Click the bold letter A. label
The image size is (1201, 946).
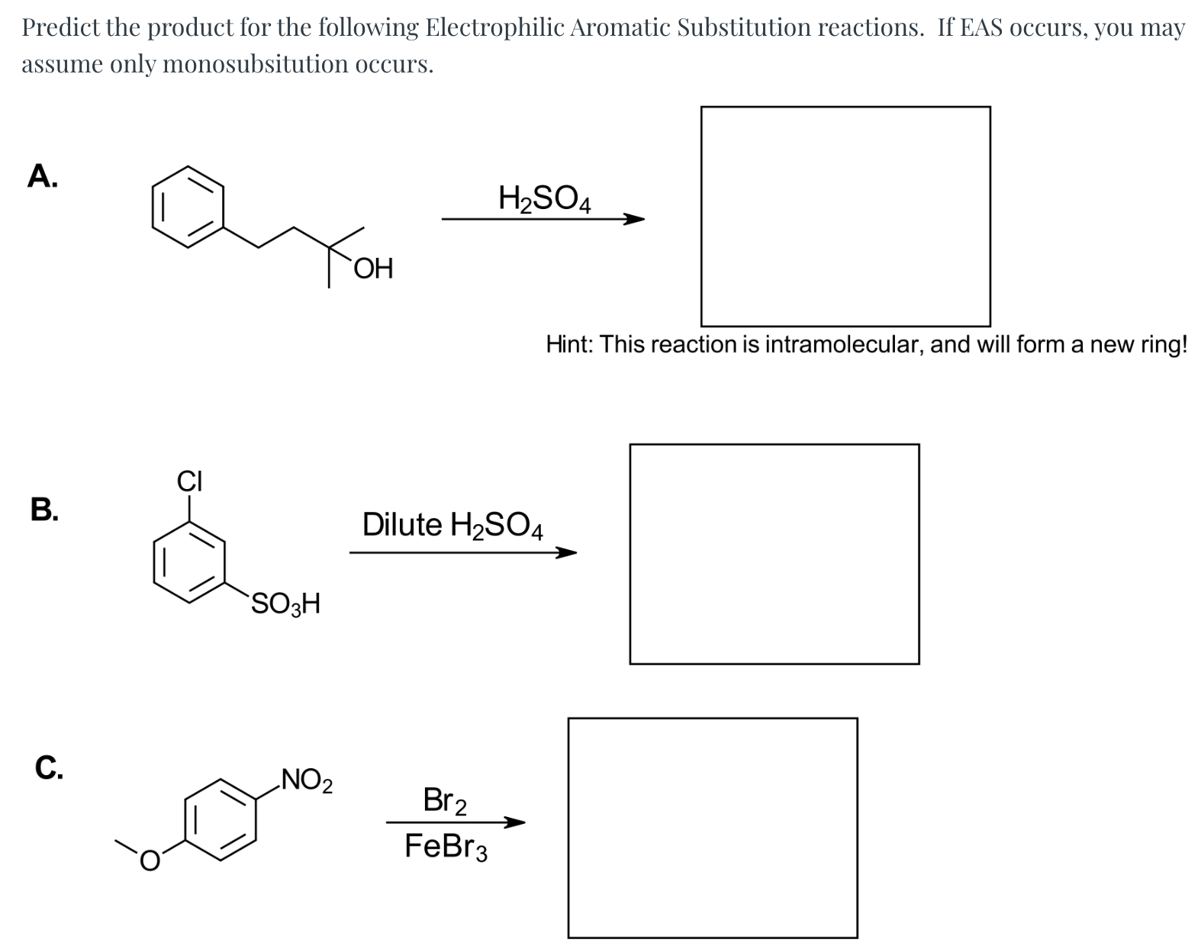click(42, 176)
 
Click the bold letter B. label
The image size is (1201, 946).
click(44, 509)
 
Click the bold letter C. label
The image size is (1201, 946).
click(48, 767)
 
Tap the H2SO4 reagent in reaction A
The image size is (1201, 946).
click(544, 199)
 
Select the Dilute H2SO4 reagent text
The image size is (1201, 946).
click(452, 526)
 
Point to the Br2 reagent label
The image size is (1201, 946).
click(446, 801)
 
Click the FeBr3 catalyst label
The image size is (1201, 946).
click(446, 847)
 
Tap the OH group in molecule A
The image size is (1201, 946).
click(373, 269)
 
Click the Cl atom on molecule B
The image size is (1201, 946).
click(189, 481)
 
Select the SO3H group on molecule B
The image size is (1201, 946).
click(285, 604)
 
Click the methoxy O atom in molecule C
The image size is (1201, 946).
click(150, 860)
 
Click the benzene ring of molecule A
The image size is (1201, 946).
click(189, 207)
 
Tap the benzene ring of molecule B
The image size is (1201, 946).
click(189, 562)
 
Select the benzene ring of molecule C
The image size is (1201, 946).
click(222, 819)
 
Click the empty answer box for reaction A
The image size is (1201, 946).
click(845, 217)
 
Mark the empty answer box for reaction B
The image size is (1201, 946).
click(774, 554)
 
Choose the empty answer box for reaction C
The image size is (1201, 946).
click(713, 828)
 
